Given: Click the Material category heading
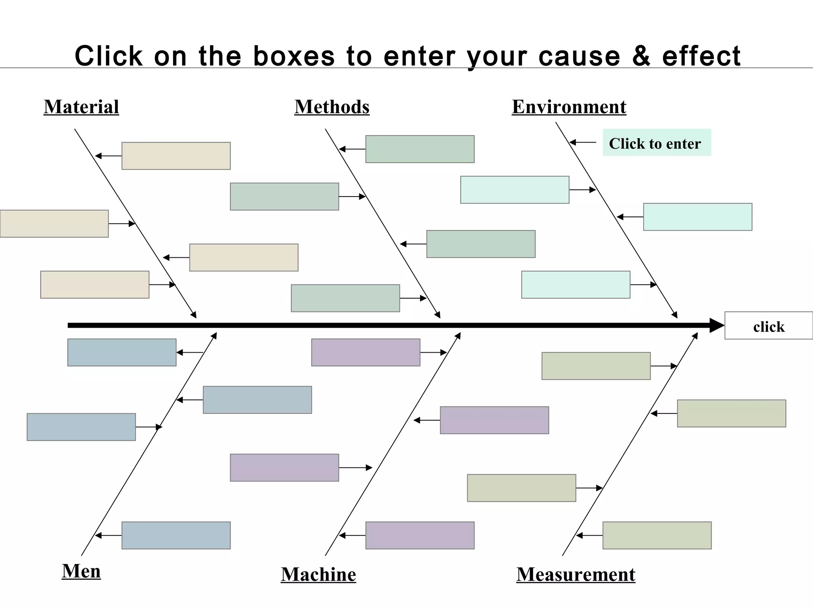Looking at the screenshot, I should click(81, 107).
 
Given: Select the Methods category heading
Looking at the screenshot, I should click(332, 107).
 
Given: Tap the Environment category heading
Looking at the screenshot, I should click(569, 107).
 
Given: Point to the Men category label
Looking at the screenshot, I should click(81, 571).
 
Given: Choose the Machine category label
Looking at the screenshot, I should click(318, 574).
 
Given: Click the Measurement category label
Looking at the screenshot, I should click(576, 574).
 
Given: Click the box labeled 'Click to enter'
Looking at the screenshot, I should click(657, 143).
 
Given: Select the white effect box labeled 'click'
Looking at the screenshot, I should click(769, 326).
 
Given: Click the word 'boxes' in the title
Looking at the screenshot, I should click(294, 56).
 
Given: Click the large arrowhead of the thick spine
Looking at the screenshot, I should click(717, 325).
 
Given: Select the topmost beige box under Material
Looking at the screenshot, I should click(176, 156).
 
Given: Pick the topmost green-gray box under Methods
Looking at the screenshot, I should click(420, 149).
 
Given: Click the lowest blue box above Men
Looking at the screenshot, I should click(176, 535).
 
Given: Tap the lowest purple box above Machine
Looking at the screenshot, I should click(420, 535).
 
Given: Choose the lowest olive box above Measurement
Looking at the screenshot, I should click(657, 535).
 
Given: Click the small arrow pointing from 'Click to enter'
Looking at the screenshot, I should click(583, 142).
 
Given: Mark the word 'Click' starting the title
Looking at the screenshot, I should click(109, 56).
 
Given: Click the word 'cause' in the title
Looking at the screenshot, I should click(579, 56).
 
